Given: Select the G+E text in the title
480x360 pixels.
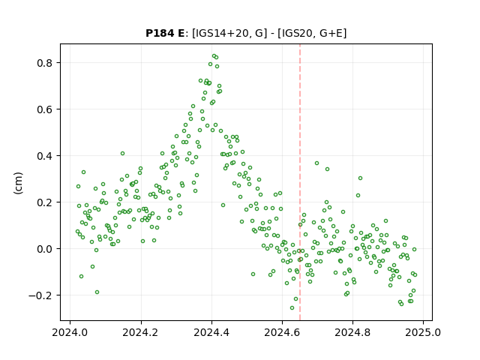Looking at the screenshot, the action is coord(330,33).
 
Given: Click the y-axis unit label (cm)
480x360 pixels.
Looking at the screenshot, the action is coord(18,183).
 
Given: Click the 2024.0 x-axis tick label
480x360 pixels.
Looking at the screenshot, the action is coord(70,332).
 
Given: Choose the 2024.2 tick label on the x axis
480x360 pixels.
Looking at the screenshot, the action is coord(141,332).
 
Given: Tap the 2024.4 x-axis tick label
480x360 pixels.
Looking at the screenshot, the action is coord(211,332).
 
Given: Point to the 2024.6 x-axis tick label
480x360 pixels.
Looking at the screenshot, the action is coord(282,332).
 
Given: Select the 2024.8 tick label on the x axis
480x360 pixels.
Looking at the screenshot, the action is coord(352,332).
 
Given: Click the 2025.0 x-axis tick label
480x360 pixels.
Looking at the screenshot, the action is coord(423,332).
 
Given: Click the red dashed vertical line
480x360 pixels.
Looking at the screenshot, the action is coord(300,182).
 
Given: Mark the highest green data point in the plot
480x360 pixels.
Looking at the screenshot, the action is coord(214,56).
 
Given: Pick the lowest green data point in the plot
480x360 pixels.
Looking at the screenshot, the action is coord(292,308).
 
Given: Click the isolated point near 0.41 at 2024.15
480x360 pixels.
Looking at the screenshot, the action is coord(122,153).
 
